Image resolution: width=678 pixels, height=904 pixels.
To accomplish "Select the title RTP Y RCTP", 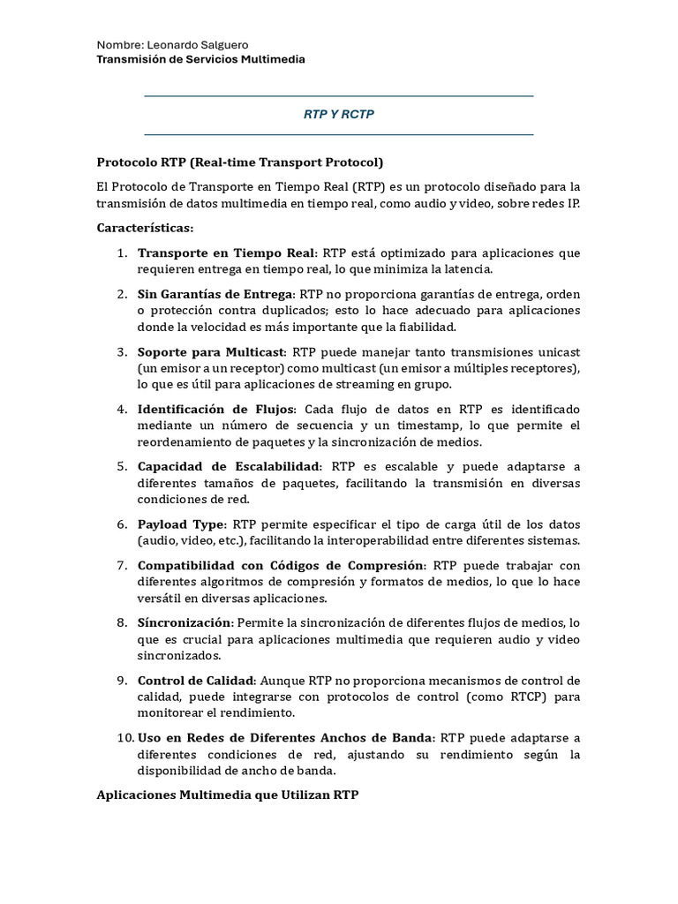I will click(x=339, y=115).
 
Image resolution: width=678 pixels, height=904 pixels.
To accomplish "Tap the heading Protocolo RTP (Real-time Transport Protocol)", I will click(x=239, y=162).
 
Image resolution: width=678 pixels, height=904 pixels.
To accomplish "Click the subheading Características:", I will click(x=145, y=228).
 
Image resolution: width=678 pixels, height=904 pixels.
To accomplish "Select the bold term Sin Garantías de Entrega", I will click(x=215, y=294).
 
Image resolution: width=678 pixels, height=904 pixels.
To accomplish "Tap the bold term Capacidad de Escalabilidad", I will click(x=230, y=466).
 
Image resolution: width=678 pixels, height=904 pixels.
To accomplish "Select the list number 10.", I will click(x=124, y=737).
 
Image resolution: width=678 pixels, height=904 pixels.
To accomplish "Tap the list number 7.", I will click(x=124, y=565).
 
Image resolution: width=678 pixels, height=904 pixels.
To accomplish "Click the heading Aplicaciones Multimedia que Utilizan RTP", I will click(x=227, y=795).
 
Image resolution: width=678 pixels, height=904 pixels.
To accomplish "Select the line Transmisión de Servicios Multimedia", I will click(x=200, y=59).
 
